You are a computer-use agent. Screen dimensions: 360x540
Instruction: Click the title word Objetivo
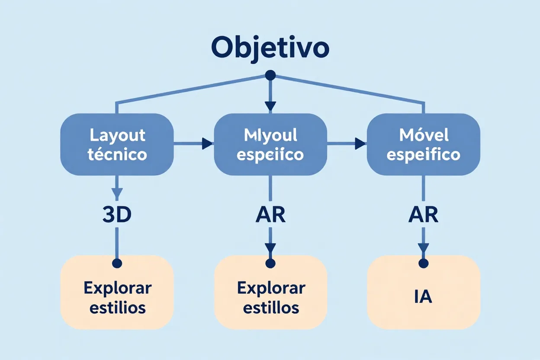pos(270,48)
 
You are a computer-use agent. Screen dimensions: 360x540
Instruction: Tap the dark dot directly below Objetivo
pos(270,76)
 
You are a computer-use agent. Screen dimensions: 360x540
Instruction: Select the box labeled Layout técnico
pos(117,145)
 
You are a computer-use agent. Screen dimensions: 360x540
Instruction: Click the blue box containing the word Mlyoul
pos(270,145)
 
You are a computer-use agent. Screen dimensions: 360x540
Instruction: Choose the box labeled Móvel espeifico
pos(423,145)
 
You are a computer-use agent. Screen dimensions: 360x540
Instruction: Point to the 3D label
pos(117,215)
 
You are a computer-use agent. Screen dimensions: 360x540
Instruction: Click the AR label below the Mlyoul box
pos(270,215)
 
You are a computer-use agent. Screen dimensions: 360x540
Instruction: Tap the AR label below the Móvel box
pos(423,215)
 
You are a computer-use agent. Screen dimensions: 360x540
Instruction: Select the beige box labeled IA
pos(423,299)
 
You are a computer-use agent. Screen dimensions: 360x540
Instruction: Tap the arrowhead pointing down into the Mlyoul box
pos(270,106)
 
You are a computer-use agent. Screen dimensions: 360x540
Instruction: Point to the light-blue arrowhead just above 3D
pos(117,193)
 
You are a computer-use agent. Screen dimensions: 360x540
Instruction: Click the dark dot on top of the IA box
pos(423,263)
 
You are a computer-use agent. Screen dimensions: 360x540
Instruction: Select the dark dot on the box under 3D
pos(117,263)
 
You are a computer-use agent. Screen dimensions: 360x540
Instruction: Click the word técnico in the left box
pos(117,154)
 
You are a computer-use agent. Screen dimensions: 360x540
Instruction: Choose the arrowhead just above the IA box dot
pos(423,248)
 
